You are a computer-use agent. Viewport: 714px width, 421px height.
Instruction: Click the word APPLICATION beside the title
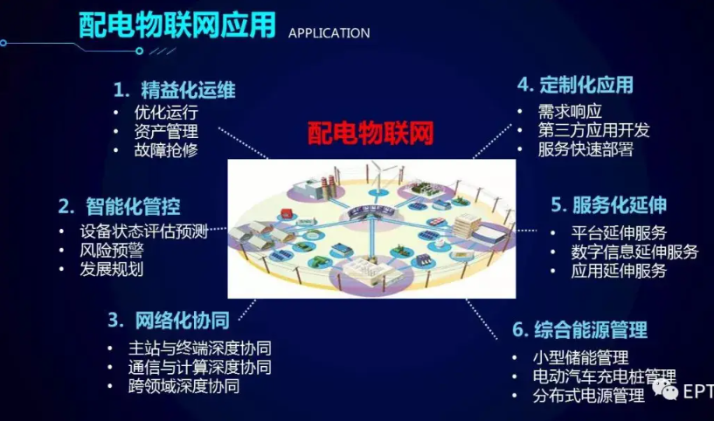pos(329,33)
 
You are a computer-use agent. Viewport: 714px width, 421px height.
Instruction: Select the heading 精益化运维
pos(188,90)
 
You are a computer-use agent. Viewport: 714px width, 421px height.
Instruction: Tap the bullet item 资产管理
pos(166,131)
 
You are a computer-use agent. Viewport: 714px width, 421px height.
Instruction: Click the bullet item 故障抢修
pos(166,149)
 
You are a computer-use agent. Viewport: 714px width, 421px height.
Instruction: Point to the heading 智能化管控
pos(133,206)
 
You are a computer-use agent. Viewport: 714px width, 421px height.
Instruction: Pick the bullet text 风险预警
pos(112,250)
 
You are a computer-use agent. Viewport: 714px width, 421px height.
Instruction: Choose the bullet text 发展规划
pos(112,269)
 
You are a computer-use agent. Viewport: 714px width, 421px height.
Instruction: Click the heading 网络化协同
pos(182,321)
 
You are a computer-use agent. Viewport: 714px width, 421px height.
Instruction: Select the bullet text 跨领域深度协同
pos(184,386)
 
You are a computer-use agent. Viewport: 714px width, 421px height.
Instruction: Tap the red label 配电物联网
pos(371,133)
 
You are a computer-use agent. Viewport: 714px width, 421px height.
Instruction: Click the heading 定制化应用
pos(586,85)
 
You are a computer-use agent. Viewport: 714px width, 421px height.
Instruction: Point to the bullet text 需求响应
pos(570,111)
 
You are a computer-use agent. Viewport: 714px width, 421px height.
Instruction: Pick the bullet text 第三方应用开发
pos(593,130)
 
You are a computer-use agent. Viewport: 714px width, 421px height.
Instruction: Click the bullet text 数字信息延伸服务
pos(634,252)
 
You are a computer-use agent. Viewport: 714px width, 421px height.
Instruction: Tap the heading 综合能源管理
pos(591,329)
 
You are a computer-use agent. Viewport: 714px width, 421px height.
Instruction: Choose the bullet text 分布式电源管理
pos(589,396)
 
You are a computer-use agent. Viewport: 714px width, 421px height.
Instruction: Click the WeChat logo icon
pos(665,390)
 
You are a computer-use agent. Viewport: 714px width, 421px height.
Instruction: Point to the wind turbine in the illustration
pos(378,176)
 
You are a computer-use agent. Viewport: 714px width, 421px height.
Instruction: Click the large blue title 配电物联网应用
pos(177,24)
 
